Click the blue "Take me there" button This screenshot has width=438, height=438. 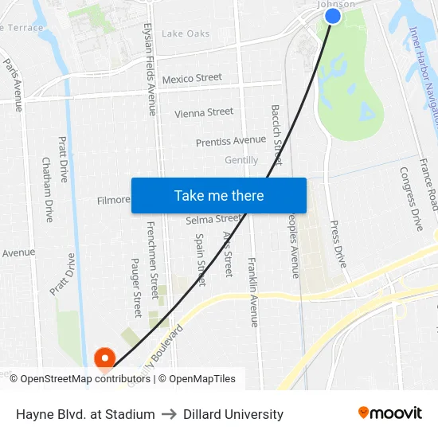click(x=219, y=195)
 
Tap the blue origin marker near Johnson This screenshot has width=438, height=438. click(x=333, y=16)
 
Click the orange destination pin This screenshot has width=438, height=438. click(x=104, y=360)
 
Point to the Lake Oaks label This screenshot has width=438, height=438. click(x=186, y=33)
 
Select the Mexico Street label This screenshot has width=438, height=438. click(x=192, y=78)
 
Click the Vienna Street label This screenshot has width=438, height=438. click(x=204, y=112)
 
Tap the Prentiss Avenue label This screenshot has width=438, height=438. click(x=231, y=141)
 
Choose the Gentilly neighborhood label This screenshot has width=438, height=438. click(x=241, y=160)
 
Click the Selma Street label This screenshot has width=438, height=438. click(x=213, y=219)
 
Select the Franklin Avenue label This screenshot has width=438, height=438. click(x=253, y=292)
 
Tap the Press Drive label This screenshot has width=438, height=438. click(x=338, y=244)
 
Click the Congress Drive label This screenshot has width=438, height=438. click(x=412, y=199)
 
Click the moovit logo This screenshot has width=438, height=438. click(x=390, y=413)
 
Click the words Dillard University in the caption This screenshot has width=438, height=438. click(x=233, y=414)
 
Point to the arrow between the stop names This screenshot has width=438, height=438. click(x=169, y=414)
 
